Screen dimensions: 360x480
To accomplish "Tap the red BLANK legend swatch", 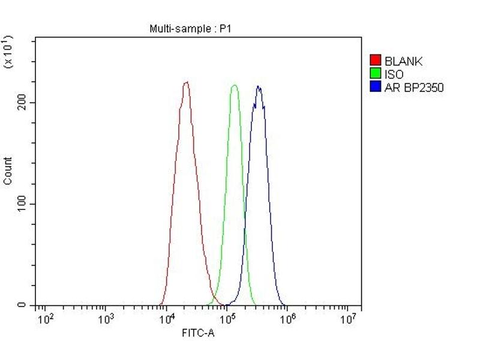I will point(376,61).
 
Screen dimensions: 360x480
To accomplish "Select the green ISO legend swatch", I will point(376,74).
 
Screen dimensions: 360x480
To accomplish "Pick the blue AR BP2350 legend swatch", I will point(376,87).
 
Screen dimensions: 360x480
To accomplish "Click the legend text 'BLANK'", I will point(403,61).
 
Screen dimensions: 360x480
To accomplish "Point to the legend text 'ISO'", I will point(394,74).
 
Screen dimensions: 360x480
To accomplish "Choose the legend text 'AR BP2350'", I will point(414,88).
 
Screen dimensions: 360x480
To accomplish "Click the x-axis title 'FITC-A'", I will point(198,333).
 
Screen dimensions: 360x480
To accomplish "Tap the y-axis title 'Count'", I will point(8,170).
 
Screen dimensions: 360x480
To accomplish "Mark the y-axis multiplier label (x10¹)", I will point(8,52).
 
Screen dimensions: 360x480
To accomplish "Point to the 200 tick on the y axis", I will point(23,103).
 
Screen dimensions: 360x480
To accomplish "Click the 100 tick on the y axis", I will point(23,204).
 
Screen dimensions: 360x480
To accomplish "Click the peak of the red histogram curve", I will point(186,82).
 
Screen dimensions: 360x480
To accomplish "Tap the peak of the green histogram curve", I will point(234,85).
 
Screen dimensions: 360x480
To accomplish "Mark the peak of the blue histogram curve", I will point(259,87).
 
